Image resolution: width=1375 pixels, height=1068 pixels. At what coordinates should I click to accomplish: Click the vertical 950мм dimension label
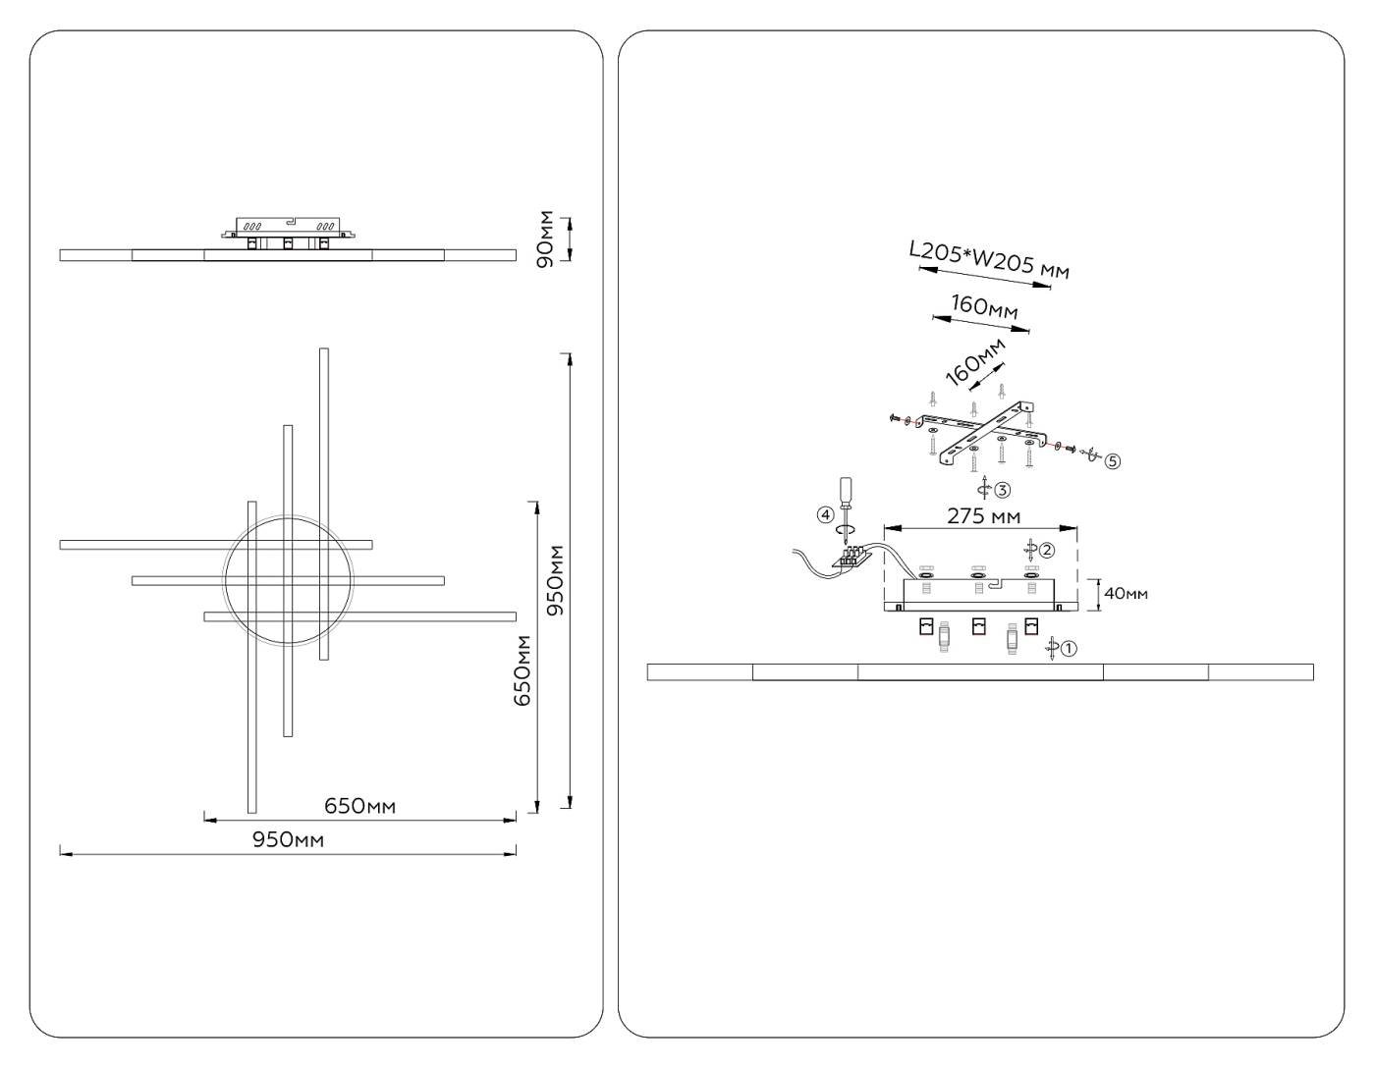click(555, 579)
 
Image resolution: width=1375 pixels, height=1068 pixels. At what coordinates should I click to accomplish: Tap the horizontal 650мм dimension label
click(359, 807)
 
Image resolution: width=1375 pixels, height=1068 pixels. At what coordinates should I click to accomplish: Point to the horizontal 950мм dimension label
click(288, 840)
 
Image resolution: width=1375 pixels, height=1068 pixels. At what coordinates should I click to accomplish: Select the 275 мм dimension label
click(983, 516)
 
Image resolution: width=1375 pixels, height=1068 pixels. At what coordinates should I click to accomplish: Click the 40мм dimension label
click(1126, 593)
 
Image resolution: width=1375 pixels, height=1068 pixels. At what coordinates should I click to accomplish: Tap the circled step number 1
click(1070, 648)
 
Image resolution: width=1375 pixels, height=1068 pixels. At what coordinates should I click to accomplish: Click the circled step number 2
click(1047, 551)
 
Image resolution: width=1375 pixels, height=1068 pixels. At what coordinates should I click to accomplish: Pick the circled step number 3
click(1002, 489)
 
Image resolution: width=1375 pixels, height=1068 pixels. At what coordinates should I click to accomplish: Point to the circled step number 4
click(825, 514)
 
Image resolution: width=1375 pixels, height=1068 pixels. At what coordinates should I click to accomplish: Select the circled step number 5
click(1112, 460)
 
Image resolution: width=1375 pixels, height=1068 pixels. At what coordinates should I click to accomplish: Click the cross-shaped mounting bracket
click(984, 433)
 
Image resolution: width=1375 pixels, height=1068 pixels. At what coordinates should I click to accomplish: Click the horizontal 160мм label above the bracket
click(984, 308)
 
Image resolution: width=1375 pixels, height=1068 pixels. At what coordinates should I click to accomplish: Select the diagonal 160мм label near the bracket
click(974, 361)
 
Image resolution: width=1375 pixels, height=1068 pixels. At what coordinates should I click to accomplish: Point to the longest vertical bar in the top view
click(324, 503)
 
